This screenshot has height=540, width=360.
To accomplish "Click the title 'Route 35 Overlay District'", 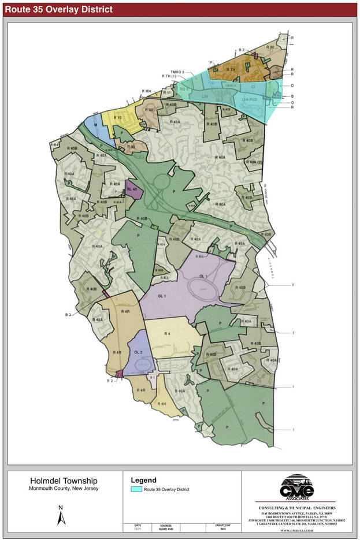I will coord(59,10).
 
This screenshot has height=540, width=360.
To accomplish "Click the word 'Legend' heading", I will coord(144,480).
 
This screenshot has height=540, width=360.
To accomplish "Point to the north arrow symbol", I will coord(61,515).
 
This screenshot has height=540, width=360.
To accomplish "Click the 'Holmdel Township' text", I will coord(64,481).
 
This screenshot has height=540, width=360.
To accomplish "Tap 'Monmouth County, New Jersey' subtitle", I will coord(64,489).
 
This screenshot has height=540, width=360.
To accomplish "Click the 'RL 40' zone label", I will coord(131,189).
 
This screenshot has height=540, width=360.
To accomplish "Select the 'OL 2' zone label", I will coord(138,352).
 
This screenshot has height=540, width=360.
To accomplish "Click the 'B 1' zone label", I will coord(152,377).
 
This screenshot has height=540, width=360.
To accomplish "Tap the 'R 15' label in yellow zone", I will coord(118,118).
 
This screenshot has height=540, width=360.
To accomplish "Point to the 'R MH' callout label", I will coord(146,91).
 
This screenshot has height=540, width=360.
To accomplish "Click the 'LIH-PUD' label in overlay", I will coord(248,99).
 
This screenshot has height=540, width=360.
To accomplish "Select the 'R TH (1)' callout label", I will coord(172,76).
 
